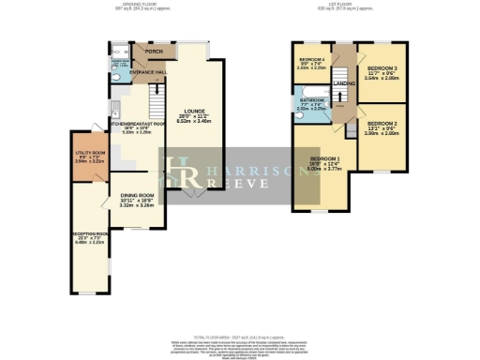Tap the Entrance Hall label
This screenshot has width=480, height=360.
pyautogui.click(x=148, y=71)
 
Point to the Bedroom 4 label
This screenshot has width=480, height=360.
pyautogui.click(x=310, y=60)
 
